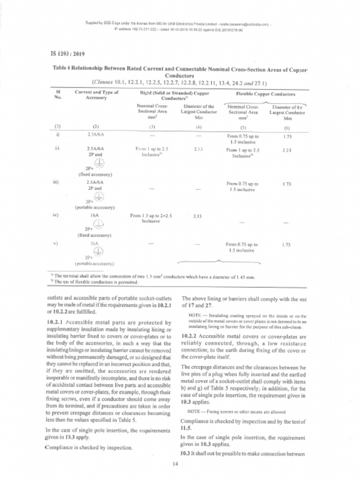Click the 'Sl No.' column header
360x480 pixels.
coord(58,95)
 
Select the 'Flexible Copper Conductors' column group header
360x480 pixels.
coord(265,94)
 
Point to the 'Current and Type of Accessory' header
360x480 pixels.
coord(97,95)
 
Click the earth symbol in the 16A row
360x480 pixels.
coord(98,225)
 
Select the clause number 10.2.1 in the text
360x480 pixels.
coord(57,322)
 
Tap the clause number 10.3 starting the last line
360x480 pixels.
coord(185,454)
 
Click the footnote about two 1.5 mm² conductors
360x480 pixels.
coord(155,277)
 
